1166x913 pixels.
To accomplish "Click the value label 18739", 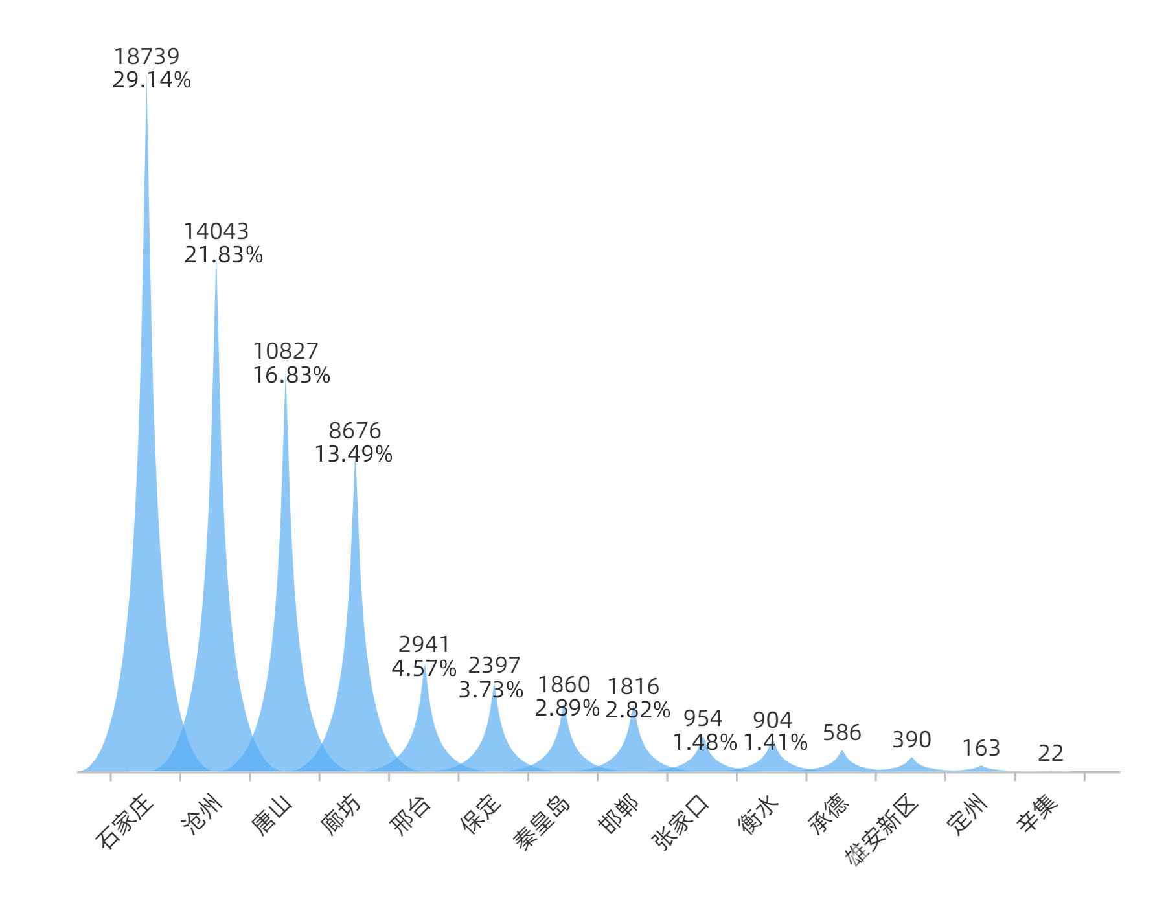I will (x=146, y=57).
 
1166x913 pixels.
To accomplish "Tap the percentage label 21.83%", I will (x=223, y=255).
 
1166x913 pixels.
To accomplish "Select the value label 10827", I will (x=286, y=352).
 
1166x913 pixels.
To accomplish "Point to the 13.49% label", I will (x=354, y=455).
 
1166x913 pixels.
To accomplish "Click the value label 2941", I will (x=424, y=645).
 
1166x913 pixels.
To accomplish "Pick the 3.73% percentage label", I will (x=491, y=690).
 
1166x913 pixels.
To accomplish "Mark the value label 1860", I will (x=564, y=685).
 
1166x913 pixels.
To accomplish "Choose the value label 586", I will (x=842, y=733).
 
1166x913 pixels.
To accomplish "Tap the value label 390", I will (x=911, y=740).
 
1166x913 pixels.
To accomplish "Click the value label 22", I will (x=1051, y=754).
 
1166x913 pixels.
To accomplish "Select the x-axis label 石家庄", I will (x=124, y=821).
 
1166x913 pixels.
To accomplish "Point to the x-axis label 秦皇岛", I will (x=542, y=822).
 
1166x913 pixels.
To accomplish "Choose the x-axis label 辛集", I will (x=1038, y=813).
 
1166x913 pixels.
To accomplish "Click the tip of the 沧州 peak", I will (x=216, y=259).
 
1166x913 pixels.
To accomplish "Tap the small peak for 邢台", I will (x=424, y=667).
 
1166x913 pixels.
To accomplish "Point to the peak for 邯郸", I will (x=634, y=712).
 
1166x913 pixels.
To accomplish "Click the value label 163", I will (x=981, y=749).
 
